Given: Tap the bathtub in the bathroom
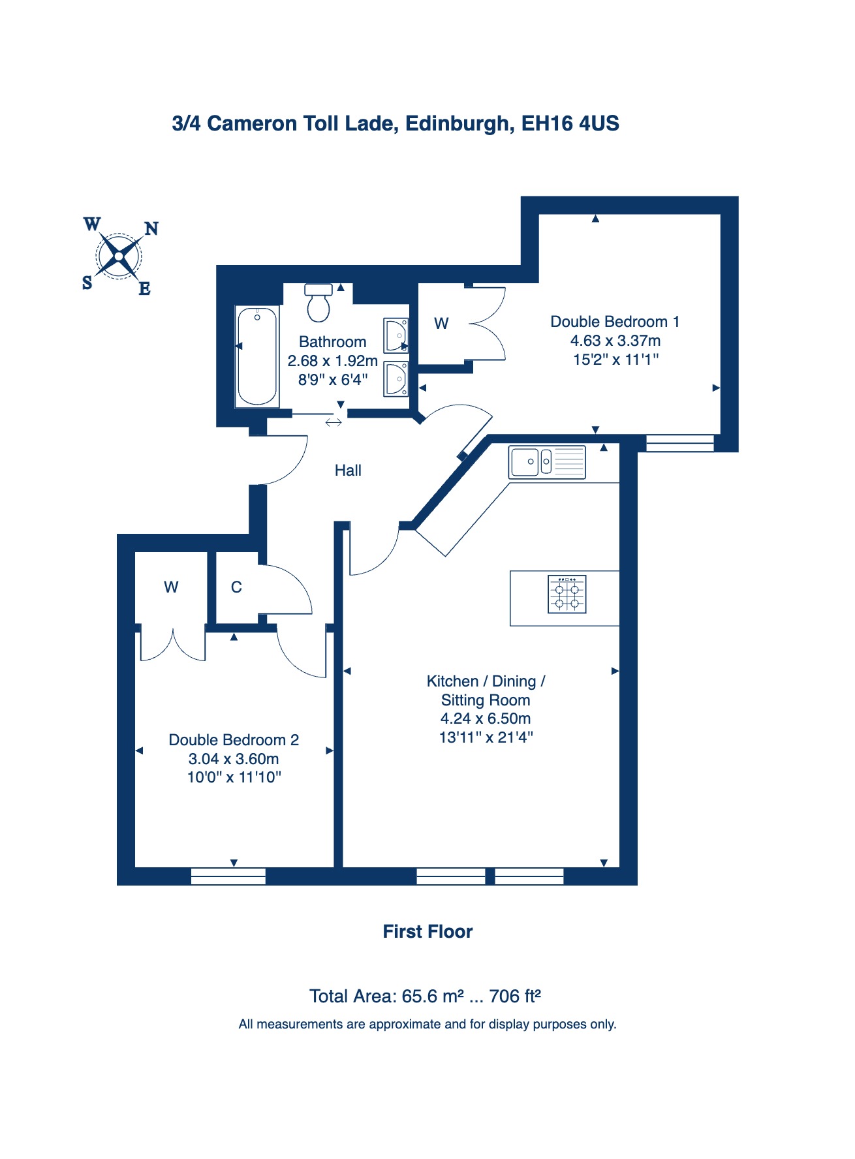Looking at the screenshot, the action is (x=256, y=356).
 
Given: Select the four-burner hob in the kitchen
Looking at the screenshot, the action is (x=567, y=594).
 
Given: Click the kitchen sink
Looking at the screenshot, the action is (x=547, y=461).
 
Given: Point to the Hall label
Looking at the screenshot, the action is (x=348, y=471).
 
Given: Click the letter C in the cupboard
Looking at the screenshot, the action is (x=236, y=587).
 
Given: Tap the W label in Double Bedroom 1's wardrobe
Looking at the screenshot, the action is (x=441, y=324).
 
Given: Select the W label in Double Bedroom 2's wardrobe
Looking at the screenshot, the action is (x=171, y=587).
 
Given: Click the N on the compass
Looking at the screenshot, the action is (x=151, y=228).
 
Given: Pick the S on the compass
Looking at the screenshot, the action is (x=87, y=283).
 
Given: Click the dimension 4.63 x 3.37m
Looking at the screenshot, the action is (x=615, y=341).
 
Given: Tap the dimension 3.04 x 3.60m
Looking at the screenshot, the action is (x=234, y=759).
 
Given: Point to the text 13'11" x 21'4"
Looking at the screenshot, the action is (x=486, y=737).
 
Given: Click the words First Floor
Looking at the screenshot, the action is (x=427, y=931).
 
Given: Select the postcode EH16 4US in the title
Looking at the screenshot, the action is (x=570, y=123).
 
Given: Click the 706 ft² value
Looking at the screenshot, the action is (x=515, y=996).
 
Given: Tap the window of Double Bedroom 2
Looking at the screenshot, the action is (x=228, y=876).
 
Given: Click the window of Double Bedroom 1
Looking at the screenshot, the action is (x=680, y=443).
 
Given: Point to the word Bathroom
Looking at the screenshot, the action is (x=333, y=342).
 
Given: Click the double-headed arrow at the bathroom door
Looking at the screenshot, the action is (x=334, y=422).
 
